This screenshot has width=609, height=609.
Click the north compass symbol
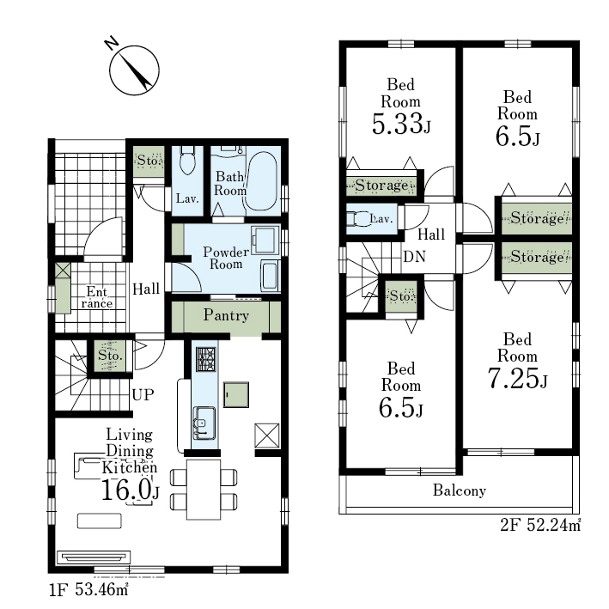pyautogui.click(x=134, y=70)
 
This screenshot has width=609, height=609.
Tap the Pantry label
pyautogui.click(x=226, y=315)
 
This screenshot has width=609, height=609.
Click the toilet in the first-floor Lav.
pyautogui.click(x=187, y=159)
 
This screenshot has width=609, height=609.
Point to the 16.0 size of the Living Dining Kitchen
pyautogui.click(x=125, y=490)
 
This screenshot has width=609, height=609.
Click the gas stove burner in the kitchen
pyautogui.click(x=206, y=359)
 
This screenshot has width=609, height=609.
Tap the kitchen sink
pyautogui.click(x=204, y=423)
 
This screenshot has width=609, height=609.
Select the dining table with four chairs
pyautogui.click(x=204, y=490)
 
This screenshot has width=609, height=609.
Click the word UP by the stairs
pyautogui.click(x=143, y=394)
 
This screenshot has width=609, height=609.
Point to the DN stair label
pyautogui.click(x=414, y=257)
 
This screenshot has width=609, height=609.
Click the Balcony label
pyautogui.click(x=460, y=490)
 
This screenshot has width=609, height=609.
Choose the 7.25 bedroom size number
pyautogui.click(x=514, y=378)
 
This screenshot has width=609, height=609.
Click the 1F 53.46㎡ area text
pyautogui.click(x=88, y=589)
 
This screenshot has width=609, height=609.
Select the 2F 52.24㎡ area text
pyautogui.click(x=540, y=525)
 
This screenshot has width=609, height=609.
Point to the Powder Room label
pyautogui.click(x=226, y=258)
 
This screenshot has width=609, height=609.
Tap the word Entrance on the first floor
pyautogui.click(x=97, y=297)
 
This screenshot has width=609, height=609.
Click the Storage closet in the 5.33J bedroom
pyautogui.click(x=381, y=186)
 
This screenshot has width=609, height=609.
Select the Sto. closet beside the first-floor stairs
pyautogui.click(x=110, y=356)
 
